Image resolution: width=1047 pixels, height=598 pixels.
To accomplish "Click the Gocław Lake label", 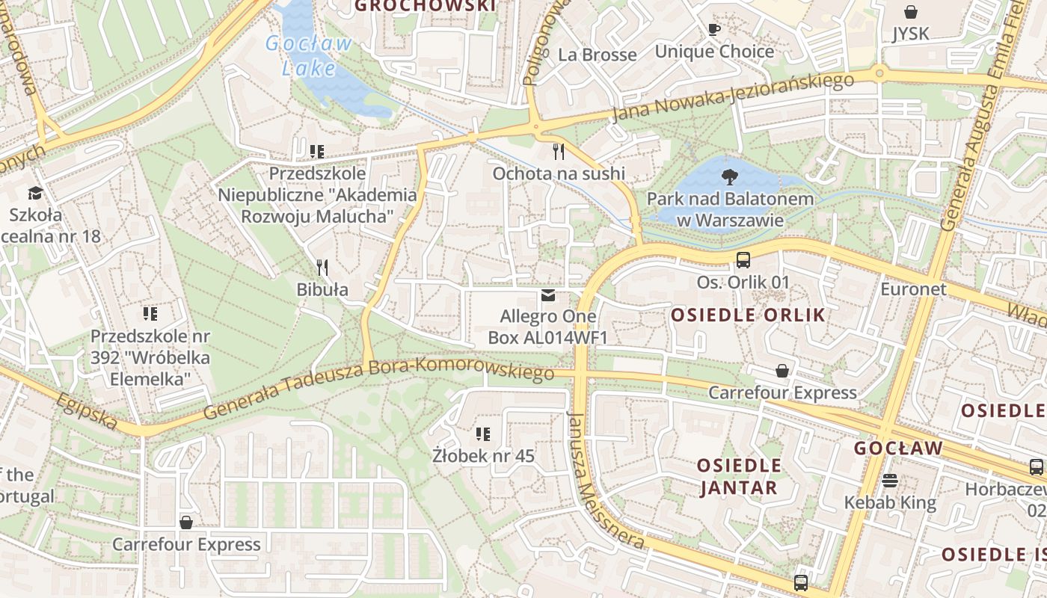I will (x=308, y=55).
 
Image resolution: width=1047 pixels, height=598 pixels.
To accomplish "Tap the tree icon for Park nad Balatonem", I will (x=728, y=177).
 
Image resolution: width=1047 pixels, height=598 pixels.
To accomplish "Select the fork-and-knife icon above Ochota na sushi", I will (x=558, y=152).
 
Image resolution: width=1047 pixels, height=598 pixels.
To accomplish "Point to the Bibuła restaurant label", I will (x=322, y=289).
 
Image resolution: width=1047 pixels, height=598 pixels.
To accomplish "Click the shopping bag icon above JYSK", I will (x=911, y=12).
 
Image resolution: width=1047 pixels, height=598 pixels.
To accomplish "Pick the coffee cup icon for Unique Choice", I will (x=714, y=30).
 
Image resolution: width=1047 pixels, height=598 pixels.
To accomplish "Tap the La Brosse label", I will (x=598, y=55).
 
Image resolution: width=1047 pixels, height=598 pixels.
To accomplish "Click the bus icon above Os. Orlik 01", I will (x=743, y=260).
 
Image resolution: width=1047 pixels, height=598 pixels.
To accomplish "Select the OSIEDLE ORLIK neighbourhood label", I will (x=748, y=315).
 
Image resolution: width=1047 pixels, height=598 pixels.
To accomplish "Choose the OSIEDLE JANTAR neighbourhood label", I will (x=739, y=477).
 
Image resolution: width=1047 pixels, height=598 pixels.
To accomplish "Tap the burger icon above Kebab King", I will (x=890, y=481).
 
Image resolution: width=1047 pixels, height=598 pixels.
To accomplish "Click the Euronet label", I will (x=913, y=289).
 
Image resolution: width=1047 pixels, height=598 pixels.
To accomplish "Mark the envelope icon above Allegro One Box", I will (x=548, y=296).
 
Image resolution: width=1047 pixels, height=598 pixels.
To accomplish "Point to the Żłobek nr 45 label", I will (x=484, y=455).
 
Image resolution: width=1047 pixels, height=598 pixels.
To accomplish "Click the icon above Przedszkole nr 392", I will (x=150, y=314).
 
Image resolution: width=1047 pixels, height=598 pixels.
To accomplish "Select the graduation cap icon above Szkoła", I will (x=35, y=194).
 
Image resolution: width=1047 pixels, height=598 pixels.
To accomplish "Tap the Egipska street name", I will (x=87, y=412).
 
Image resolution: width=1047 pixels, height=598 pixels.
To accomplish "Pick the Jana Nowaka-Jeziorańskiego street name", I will (x=732, y=97).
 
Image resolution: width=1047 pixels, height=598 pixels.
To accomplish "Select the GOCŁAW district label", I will (x=898, y=449).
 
